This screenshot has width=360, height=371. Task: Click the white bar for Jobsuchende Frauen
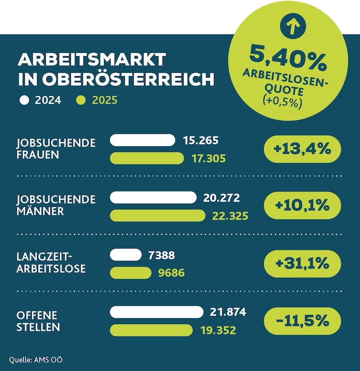pos(142,140)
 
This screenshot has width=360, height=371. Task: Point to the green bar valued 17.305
pos(147,158)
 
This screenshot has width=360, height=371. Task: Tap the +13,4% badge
pos(302,149)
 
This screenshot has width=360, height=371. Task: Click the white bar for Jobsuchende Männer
pos(153,197)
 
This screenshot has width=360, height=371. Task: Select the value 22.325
pos(230,216)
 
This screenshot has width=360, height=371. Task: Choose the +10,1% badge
pos(302,206)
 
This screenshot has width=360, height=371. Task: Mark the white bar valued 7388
pos(125,254)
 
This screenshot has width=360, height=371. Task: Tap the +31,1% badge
pos(302,263)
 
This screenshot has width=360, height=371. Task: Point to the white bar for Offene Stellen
pos(156,311)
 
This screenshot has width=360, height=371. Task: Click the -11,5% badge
pos(302,321)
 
